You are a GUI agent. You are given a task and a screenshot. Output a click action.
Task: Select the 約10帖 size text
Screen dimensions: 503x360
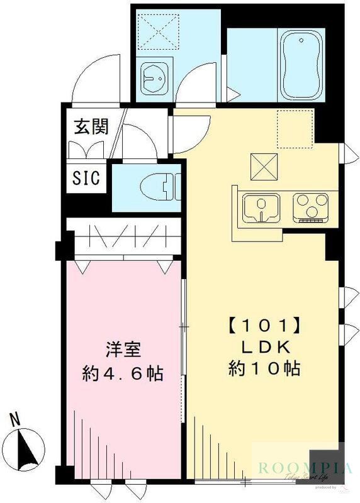263,368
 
